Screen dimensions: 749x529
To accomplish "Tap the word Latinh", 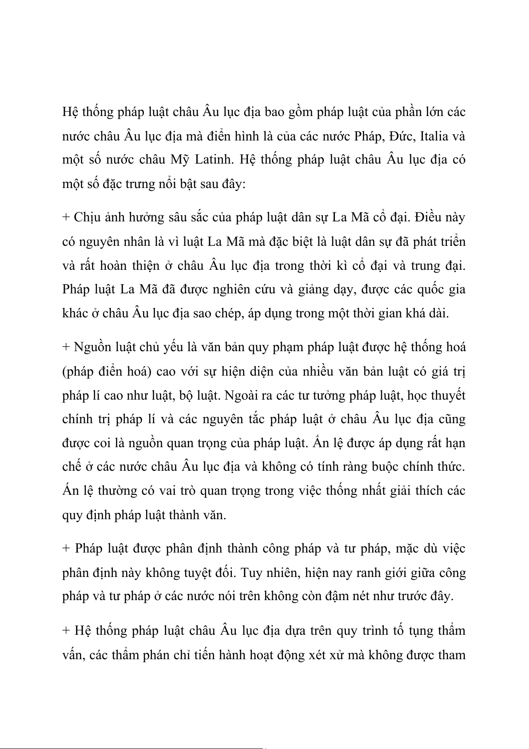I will point(215,160).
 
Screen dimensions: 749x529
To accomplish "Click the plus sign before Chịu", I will point(66,218).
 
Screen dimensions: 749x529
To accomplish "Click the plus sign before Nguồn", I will point(66,348).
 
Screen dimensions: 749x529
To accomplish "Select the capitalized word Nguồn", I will point(92,348).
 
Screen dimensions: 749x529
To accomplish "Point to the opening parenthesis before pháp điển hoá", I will point(64,372).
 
